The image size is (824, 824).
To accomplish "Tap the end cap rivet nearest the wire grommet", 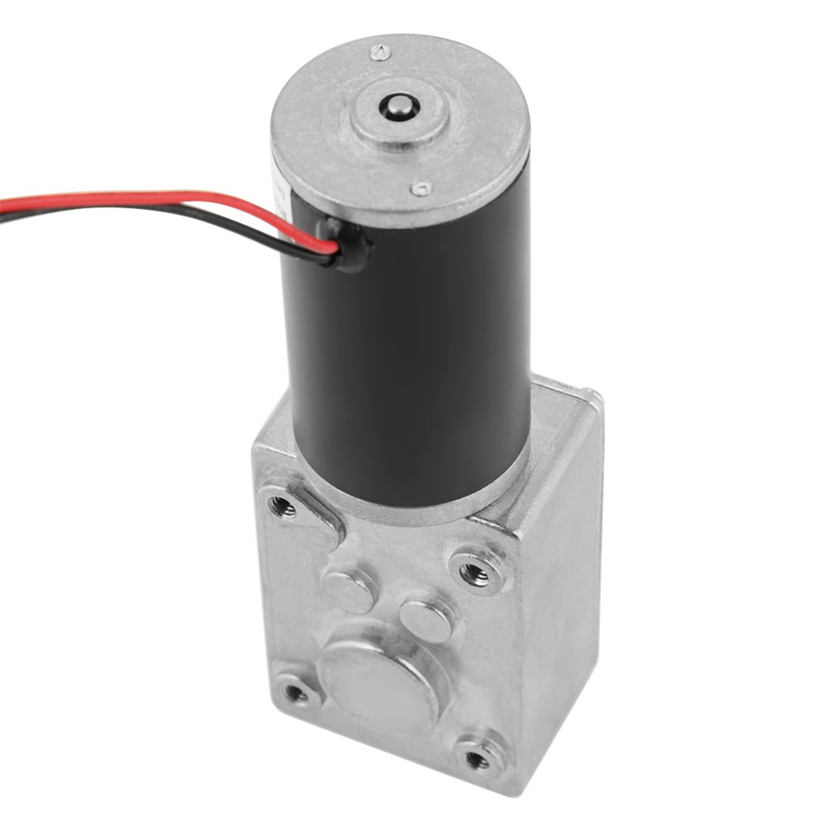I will [x=421, y=189].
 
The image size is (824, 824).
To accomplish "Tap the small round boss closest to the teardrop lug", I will [x=349, y=587].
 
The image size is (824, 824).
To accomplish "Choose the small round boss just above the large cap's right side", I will [x=425, y=620].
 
